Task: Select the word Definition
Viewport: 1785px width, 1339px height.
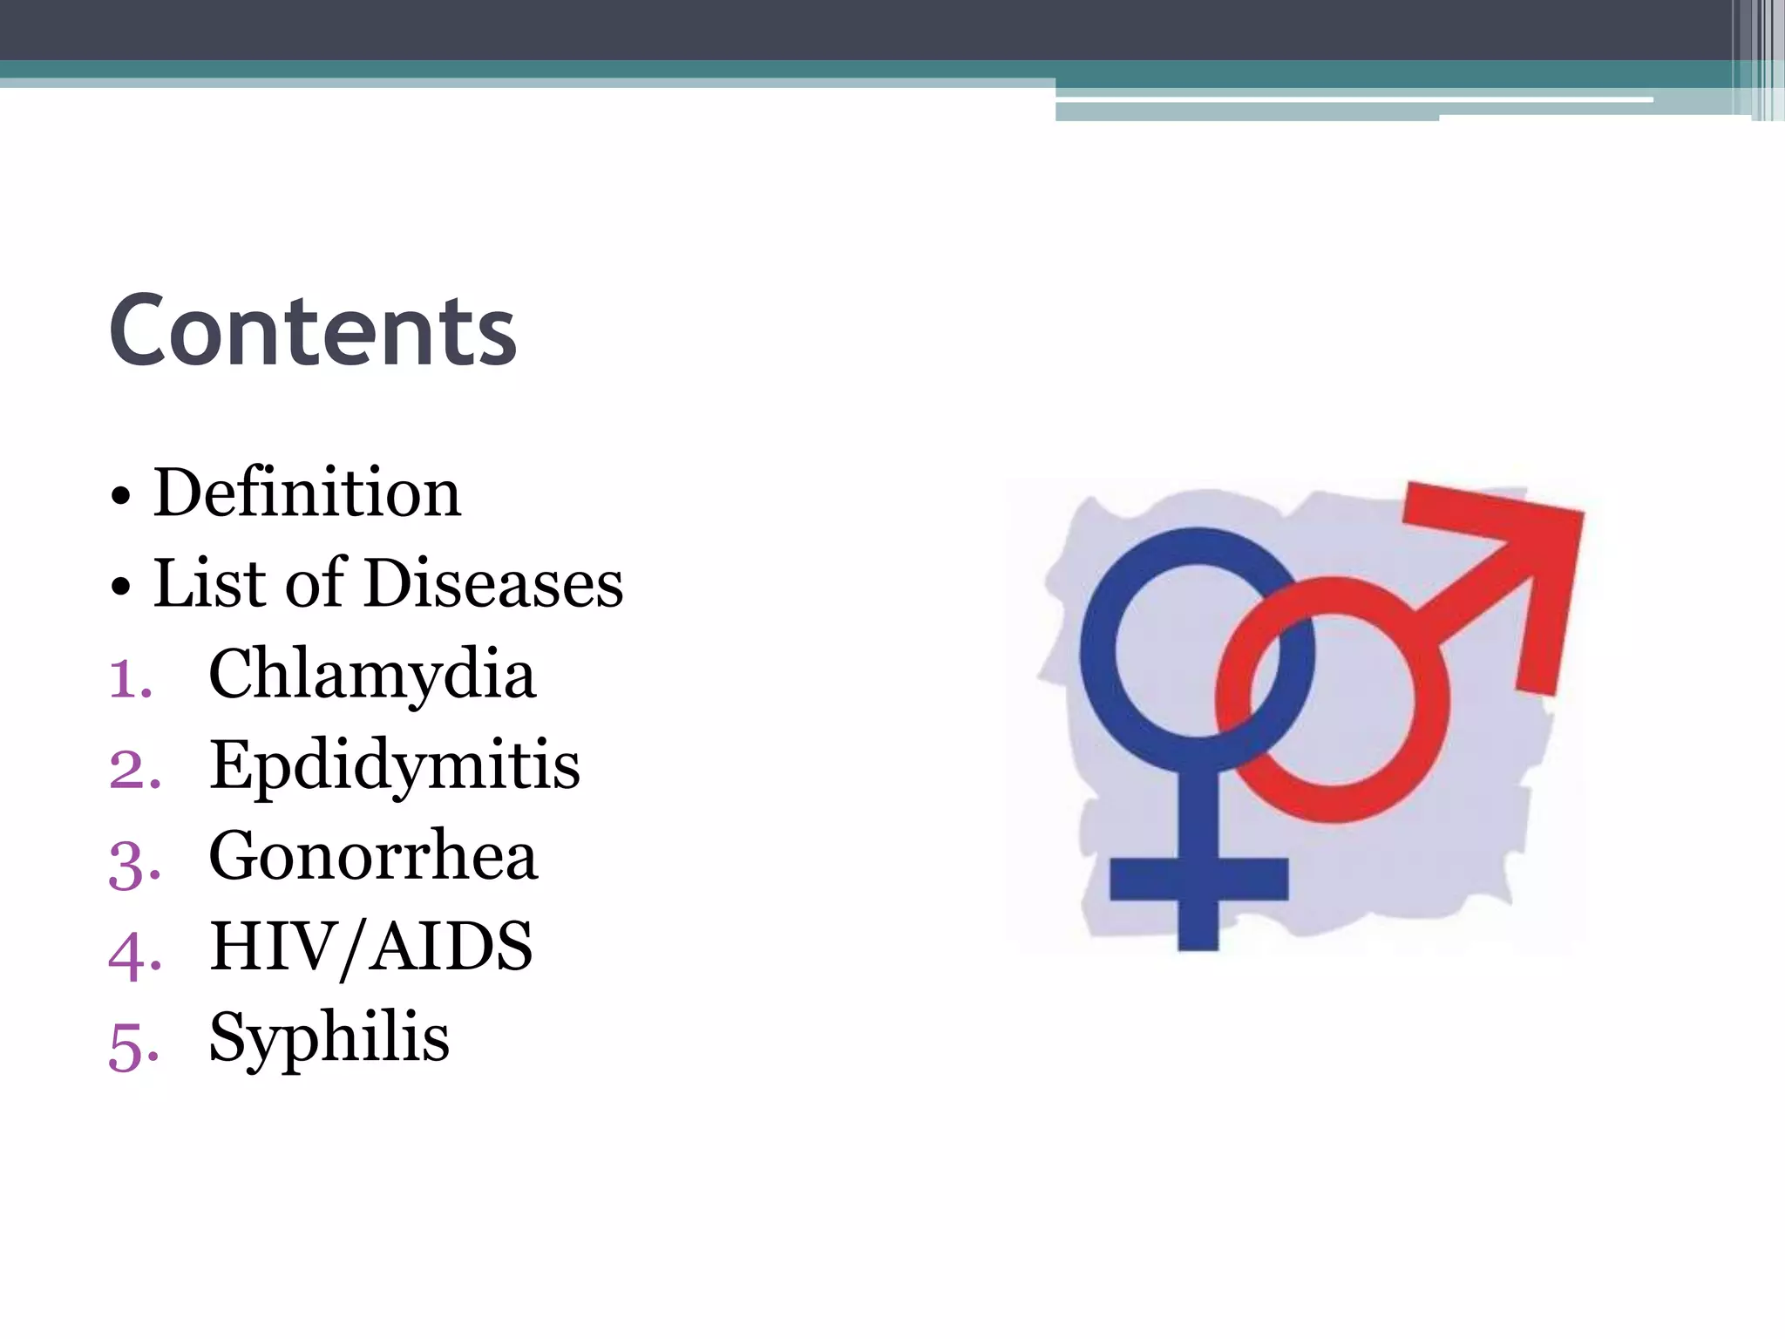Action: pos(307,493)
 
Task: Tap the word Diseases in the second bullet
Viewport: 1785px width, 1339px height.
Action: pos(493,583)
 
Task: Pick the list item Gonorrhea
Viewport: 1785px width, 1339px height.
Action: pos(373,857)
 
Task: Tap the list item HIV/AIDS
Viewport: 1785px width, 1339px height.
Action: pos(370,948)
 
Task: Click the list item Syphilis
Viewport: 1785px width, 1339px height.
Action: pos(329,1038)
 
